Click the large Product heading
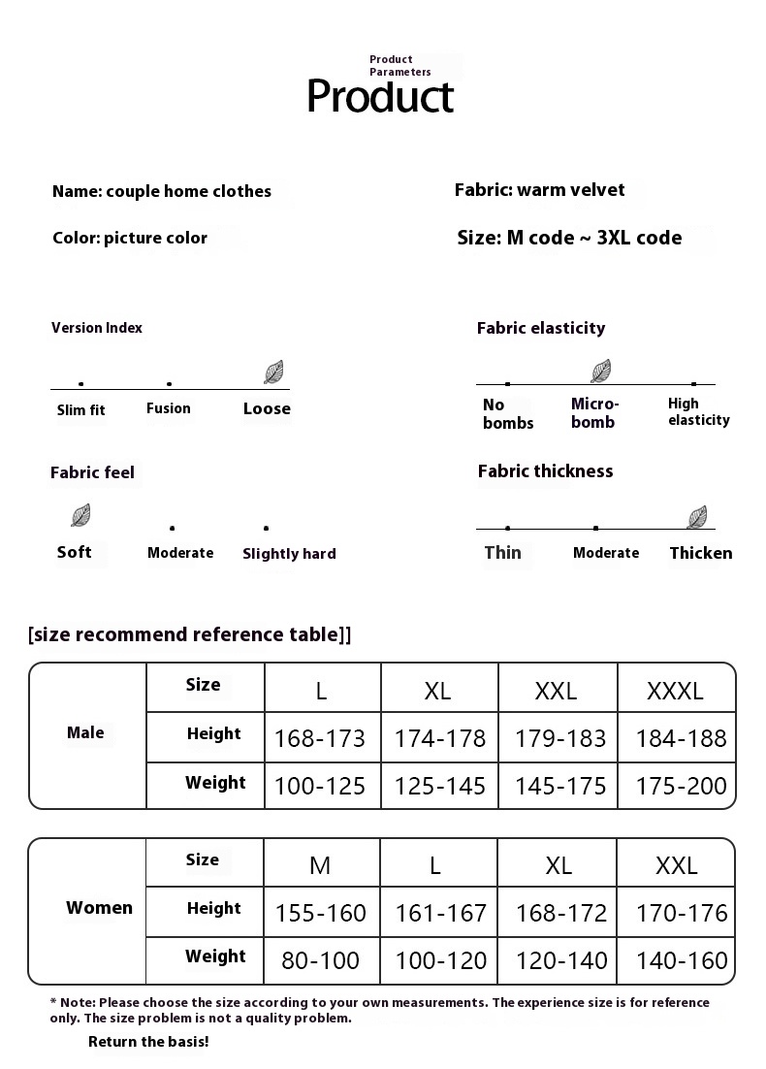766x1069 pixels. tap(380, 96)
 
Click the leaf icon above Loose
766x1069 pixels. tap(273, 373)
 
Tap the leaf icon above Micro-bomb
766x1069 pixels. tap(601, 371)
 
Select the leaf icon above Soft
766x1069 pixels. tap(80, 515)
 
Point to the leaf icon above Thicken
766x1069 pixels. tap(696, 517)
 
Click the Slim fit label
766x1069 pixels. tap(81, 409)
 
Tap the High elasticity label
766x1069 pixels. tap(698, 411)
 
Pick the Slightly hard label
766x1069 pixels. tap(289, 553)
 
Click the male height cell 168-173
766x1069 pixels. tap(320, 738)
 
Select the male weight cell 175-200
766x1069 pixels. tap(681, 785)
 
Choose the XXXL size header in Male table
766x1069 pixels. tap(675, 691)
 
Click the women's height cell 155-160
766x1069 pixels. tap(321, 913)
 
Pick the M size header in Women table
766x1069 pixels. tap(320, 865)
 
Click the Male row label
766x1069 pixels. tap(85, 732)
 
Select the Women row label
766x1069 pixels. tap(99, 908)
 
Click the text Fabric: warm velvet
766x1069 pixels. tap(539, 190)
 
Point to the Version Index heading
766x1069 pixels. tap(97, 328)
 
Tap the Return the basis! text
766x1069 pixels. tap(148, 1042)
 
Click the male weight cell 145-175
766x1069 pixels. tap(560, 785)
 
